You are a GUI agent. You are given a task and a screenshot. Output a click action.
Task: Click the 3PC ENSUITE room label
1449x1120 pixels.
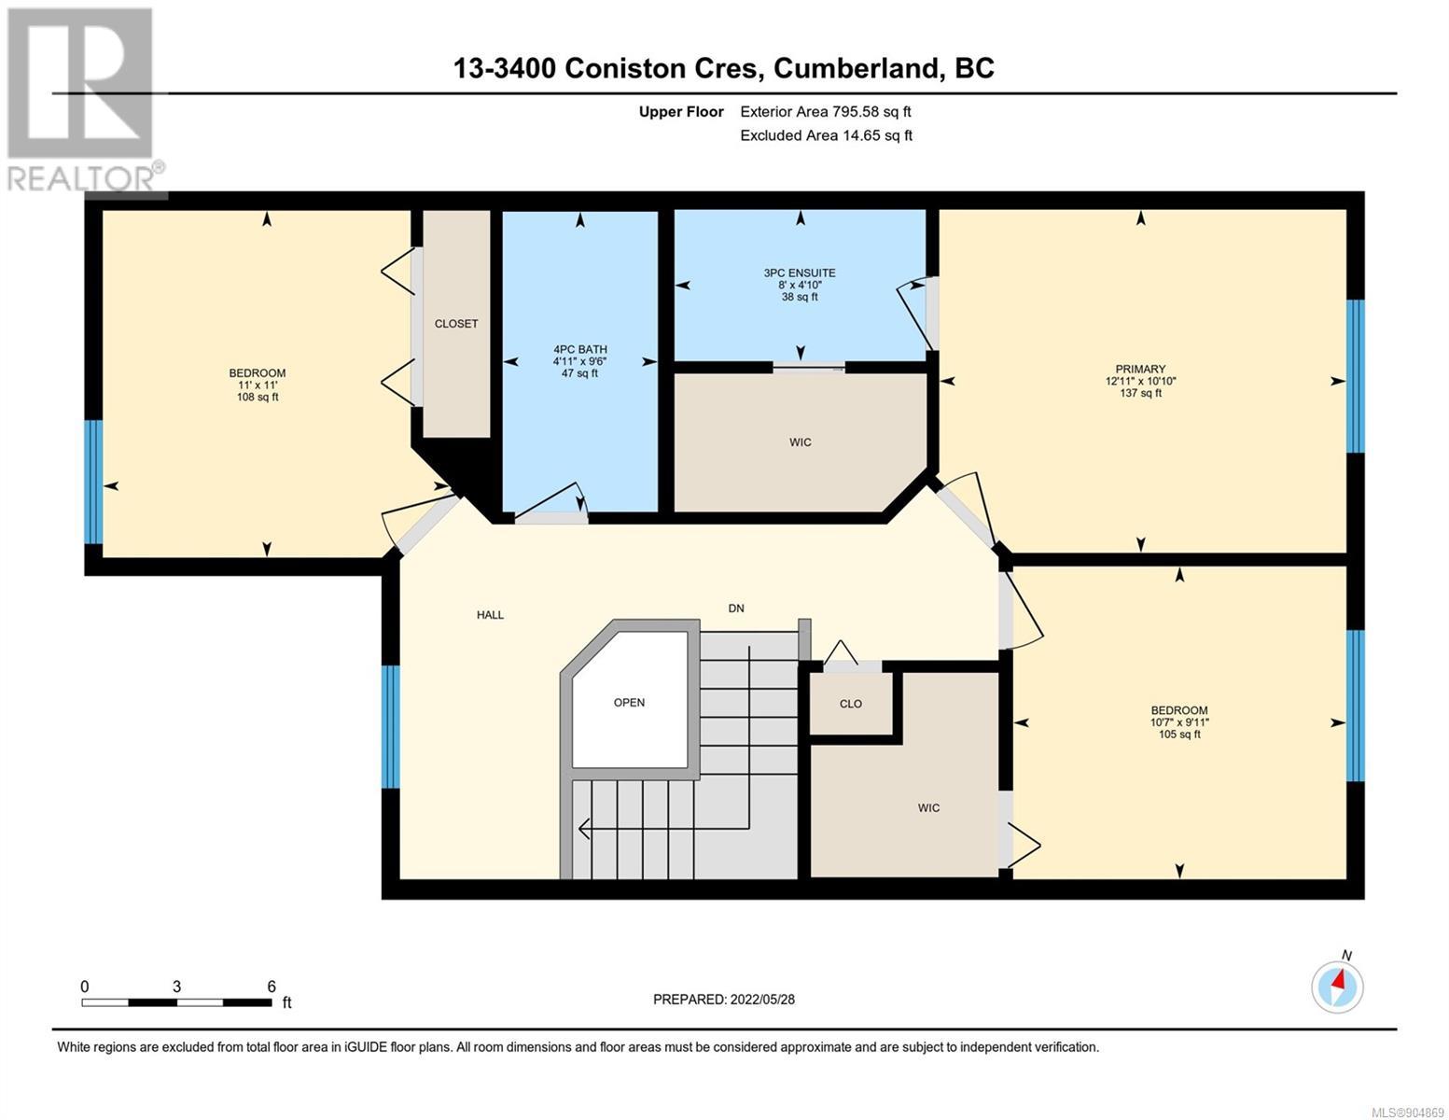800,273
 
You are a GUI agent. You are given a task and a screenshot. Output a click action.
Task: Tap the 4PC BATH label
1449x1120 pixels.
580,350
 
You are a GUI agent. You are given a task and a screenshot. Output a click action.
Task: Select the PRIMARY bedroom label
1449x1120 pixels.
1140,370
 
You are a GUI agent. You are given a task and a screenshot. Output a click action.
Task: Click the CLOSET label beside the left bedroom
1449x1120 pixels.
456,324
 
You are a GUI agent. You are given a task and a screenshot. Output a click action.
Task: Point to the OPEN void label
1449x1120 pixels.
629,703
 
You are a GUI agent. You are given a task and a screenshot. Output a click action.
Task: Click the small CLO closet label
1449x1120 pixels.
851,704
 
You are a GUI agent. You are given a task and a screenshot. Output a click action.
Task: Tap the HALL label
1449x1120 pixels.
490,615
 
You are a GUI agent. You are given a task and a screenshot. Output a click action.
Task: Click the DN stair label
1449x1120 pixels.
736,609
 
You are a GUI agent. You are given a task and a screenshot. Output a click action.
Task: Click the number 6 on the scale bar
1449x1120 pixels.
272,987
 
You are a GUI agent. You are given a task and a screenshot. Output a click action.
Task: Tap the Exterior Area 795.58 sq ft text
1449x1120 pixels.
826,112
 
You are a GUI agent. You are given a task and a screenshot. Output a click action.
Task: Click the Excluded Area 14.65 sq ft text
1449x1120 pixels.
826,135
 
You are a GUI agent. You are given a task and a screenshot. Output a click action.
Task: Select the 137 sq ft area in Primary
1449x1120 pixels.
1140,394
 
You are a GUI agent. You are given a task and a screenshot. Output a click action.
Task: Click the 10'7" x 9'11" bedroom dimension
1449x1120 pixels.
1179,722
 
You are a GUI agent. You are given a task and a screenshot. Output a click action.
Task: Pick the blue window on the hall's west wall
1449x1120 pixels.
391,727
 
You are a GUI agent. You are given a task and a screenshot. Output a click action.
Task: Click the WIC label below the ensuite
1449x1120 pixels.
801,442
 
